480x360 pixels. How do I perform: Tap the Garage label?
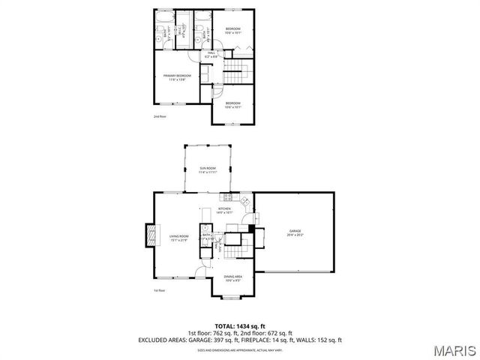(295, 233)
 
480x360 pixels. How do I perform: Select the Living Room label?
(178, 238)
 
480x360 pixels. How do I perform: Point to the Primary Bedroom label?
(178, 76)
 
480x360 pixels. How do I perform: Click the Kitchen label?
(225, 210)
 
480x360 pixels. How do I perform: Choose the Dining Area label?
(232, 278)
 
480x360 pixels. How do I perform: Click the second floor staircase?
(235, 73)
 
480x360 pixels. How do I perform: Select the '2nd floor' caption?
(159, 116)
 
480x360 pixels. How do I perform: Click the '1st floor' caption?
(159, 290)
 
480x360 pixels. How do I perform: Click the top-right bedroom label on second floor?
(232, 30)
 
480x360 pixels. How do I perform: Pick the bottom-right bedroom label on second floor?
(232, 104)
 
